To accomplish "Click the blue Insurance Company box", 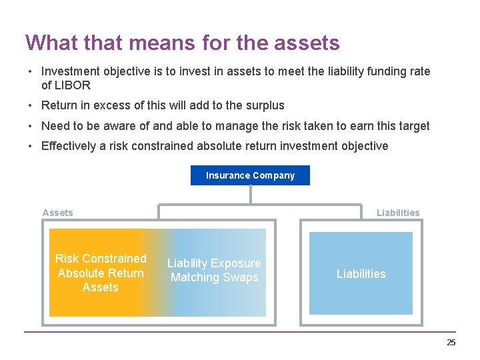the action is click(250, 175).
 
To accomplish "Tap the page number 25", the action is click(451, 343).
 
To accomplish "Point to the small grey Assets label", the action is click(57, 213).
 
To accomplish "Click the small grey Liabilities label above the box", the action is click(398, 213).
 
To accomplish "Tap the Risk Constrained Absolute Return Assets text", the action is click(101, 273).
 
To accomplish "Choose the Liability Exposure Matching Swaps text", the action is click(214, 271).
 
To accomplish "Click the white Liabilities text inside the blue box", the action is click(361, 274).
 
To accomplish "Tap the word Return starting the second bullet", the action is click(59, 105).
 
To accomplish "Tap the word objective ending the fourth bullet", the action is click(364, 146).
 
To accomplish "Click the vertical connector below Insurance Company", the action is click(250, 194).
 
